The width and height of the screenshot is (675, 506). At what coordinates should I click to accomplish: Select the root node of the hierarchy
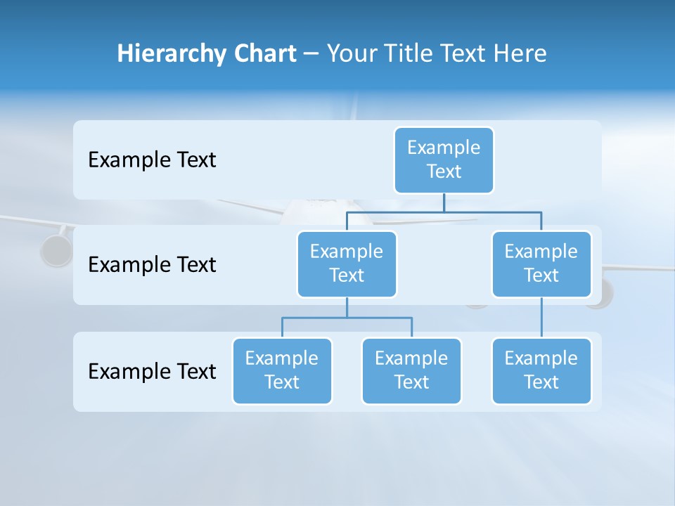pyautogui.click(x=444, y=160)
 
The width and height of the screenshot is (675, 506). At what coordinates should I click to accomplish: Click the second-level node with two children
pyautogui.click(x=347, y=264)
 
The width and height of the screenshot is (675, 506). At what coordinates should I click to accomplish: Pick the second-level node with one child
pyautogui.click(x=541, y=264)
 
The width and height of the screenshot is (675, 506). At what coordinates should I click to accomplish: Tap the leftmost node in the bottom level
pyautogui.click(x=282, y=370)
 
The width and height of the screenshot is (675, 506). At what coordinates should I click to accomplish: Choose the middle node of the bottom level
pyautogui.click(x=411, y=370)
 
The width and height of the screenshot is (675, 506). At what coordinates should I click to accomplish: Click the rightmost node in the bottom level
pyautogui.click(x=541, y=370)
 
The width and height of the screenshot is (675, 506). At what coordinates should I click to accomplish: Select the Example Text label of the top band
pyautogui.click(x=152, y=160)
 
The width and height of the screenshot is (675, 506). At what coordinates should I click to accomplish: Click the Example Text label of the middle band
pyautogui.click(x=152, y=265)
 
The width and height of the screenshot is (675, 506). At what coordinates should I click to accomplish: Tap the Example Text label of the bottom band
pyautogui.click(x=152, y=371)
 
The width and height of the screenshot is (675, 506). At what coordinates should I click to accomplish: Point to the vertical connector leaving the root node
pyautogui.click(x=444, y=202)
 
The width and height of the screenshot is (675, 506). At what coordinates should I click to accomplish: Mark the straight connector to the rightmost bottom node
pyautogui.click(x=541, y=318)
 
